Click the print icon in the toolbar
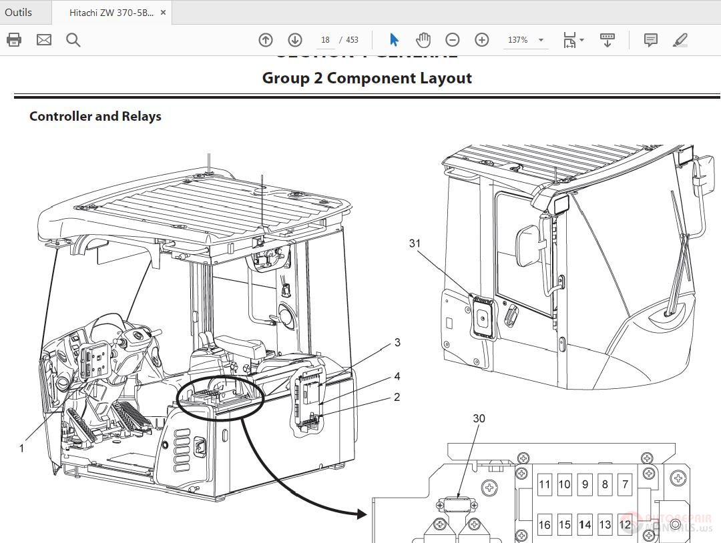(x=14, y=40)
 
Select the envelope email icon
(x=44, y=40)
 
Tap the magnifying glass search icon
(x=73, y=40)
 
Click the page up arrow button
(x=266, y=40)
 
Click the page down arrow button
(x=295, y=40)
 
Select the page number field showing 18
(x=325, y=40)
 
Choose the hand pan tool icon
(x=423, y=40)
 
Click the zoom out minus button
(x=453, y=40)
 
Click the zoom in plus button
(x=482, y=40)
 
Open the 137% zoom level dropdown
(x=525, y=40)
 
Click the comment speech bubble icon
(x=650, y=40)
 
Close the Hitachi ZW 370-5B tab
(x=164, y=13)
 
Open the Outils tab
(x=19, y=13)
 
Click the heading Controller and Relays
(x=95, y=116)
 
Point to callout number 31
(x=415, y=243)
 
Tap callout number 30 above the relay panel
(x=479, y=418)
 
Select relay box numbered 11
(x=545, y=484)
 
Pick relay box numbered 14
(x=585, y=524)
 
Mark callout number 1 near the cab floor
(x=21, y=448)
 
